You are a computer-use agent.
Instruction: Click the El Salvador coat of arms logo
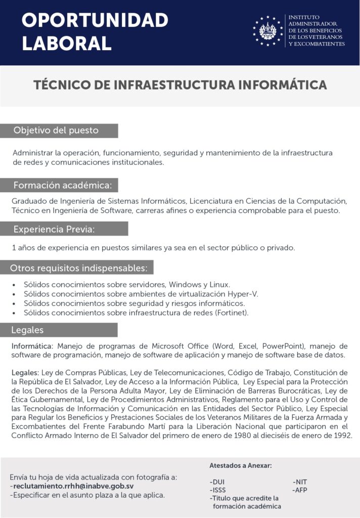pyautogui.click(x=268, y=31)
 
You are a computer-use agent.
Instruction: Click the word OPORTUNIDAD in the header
pyautogui.click(x=95, y=20)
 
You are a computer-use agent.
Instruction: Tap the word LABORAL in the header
pyautogui.click(x=66, y=43)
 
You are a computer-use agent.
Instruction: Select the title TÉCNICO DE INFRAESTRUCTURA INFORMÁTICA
pyautogui.click(x=180, y=84)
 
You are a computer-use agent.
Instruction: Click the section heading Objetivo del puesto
pyautogui.click(x=56, y=131)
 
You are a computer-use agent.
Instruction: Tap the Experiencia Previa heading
pyautogui.click(x=54, y=229)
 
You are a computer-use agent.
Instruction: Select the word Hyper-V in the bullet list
pyautogui.click(x=242, y=294)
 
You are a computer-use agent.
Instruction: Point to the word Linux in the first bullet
pyautogui.click(x=219, y=284)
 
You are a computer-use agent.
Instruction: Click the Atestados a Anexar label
pyautogui.click(x=241, y=465)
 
